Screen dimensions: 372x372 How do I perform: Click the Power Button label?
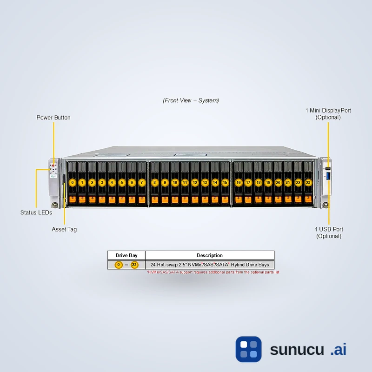click(x=53, y=118)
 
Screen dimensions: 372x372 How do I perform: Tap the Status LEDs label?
click(x=36, y=213)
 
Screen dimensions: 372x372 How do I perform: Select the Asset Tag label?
click(x=64, y=229)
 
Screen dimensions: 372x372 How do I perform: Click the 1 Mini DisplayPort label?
click(x=328, y=114)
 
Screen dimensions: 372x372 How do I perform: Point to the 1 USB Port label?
click(x=329, y=232)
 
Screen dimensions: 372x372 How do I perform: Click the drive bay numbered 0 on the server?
click(x=72, y=183)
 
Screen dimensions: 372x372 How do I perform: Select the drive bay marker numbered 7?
click(x=142, y=183)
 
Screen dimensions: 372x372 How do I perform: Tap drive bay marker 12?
click(x=195, y=183)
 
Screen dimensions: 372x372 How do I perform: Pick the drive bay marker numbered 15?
click(x=225, y=183)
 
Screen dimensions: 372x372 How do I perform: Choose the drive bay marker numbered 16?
click(x=239, y=183)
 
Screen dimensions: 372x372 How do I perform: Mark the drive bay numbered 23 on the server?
click(x=308, y=183)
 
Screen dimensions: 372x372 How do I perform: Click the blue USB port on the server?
click(x=328, y=176)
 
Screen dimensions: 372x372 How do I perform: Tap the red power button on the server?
click(x=53, y=165)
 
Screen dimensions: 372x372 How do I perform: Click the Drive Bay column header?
click(x=126, y=255)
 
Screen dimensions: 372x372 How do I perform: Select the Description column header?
click(x=209, y=255)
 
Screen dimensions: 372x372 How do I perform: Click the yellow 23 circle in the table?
click(x=134, y=265)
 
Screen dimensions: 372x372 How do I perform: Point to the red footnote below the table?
click(x=213, y=272)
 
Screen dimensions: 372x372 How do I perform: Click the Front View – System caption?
click(x=191, y=100)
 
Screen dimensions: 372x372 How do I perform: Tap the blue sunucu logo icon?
click(x=248, y=349)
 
